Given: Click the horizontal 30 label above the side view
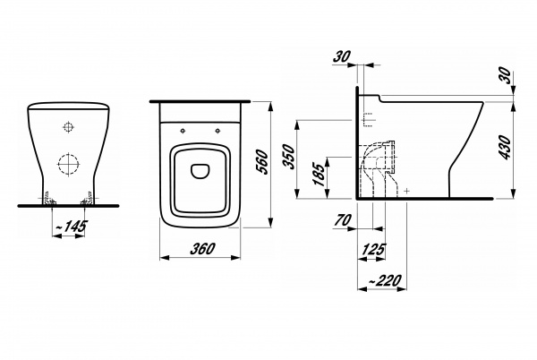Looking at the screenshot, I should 341,56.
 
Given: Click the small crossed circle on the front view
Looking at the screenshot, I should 69,125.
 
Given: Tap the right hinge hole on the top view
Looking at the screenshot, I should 217,128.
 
